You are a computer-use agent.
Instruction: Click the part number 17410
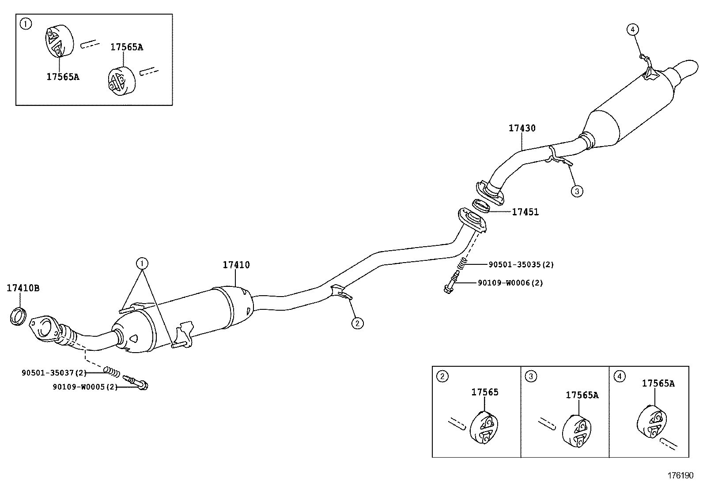pos(236,265)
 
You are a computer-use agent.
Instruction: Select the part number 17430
pos(522,128)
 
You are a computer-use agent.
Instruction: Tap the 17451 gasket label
pos(525,212)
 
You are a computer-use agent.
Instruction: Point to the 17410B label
pos(23,288)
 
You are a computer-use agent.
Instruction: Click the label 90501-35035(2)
pos(521,264)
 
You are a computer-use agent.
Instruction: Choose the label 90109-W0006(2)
pos(510,283)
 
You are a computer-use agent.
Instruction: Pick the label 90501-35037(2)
pos(54,373)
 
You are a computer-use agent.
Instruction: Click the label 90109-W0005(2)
pos(85,387)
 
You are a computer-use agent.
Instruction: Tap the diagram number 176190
pos(680,476)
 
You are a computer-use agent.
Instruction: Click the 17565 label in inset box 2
pos(485,392)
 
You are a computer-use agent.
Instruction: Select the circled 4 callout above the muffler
pos(632,30)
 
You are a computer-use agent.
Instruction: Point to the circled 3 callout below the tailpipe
pos(577,191)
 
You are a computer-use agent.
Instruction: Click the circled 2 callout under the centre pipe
pos(358,323)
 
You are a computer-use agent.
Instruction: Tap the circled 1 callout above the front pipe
pos(142,263)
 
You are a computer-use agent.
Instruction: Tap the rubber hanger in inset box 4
pos(652,421)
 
